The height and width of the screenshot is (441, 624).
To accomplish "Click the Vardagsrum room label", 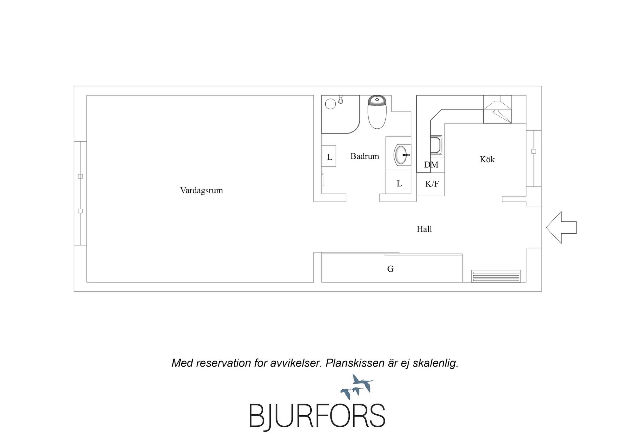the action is click(x=201, y=190).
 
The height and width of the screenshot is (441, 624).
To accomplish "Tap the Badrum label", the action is click(x=365, y=156).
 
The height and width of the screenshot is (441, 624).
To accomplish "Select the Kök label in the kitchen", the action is click(x=487, y=159).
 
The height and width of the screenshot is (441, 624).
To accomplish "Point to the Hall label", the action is click(x=424, y=229).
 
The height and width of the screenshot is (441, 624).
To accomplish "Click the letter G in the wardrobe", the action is click(x=390, y=269).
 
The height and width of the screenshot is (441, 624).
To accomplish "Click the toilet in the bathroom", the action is click(x=377, y=112).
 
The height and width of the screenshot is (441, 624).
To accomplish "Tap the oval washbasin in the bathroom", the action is click(x=402, y=155).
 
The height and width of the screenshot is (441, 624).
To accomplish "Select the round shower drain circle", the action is click(x=330, y=104).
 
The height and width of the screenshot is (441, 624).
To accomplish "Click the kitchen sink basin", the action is click(x=436, y=145).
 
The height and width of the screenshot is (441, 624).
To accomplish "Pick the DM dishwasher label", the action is click(x=431, y=165).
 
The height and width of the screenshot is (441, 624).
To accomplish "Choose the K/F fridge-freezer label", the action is click(x=432, y=184).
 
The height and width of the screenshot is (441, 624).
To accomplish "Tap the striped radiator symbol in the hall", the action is click(x=496, y=276).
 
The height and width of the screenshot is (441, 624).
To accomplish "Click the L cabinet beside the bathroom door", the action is click(x=329, y=156).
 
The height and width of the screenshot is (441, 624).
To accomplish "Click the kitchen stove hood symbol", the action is click(x=497, y=109).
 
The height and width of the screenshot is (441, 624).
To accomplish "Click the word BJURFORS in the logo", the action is click(x=317, y=416).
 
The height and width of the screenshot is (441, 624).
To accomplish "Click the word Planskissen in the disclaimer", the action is click(x=355, y=363).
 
